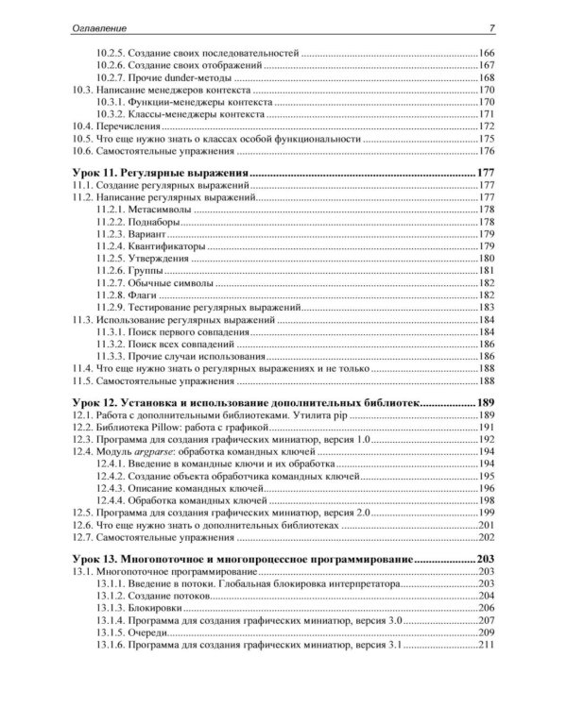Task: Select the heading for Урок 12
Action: tap(246, 403)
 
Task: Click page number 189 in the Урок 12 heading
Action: tap(487, 403)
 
